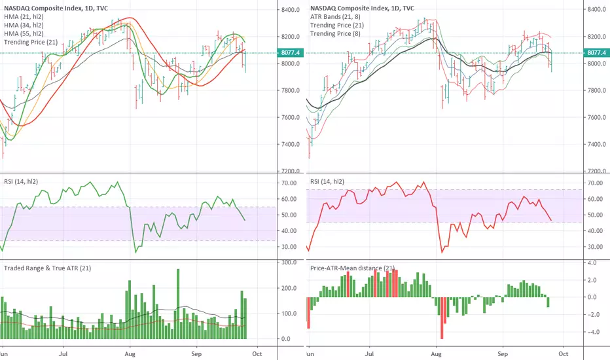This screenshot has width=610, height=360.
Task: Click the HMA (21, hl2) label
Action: (x=24, y=17)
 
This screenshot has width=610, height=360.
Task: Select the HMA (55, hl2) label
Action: (x=24, y=34)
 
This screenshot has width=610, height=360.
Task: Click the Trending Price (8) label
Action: (x=335, y=34)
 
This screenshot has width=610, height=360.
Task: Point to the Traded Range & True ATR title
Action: (x=48, y=268)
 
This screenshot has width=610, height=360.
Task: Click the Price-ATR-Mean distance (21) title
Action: (x=353, y=268)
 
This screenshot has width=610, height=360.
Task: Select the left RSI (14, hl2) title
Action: (x=21, y=181)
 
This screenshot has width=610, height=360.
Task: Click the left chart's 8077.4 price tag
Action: (x=290, y=52)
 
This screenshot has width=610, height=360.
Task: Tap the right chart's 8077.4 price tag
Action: (x=597, y=52)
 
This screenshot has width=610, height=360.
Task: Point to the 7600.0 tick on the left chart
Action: (x=290, y=117)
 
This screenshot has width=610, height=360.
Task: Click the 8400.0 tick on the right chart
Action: (x=597, y=9)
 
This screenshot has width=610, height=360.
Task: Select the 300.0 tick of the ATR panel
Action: (x=289, y=262)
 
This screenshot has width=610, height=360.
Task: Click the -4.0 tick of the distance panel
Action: (x=591, y=333)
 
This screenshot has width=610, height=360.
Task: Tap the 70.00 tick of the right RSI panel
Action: (x=595, y=183)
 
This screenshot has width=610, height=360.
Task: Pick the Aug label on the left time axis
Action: (x=130, y=353)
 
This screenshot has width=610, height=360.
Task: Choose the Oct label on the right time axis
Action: (x=564, y=353)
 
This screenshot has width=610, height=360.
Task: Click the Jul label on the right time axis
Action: (x=369, y=353)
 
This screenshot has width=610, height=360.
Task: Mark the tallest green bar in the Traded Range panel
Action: (x=178, y=304)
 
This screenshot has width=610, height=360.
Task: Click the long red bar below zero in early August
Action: (x=442, y=318)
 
